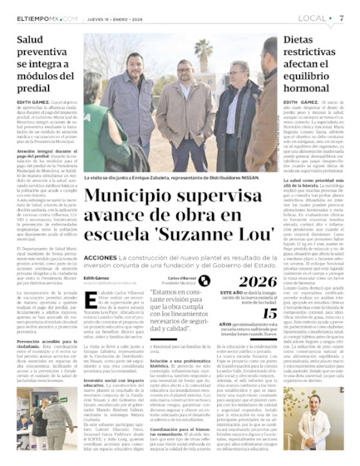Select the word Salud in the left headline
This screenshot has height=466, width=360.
34,39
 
